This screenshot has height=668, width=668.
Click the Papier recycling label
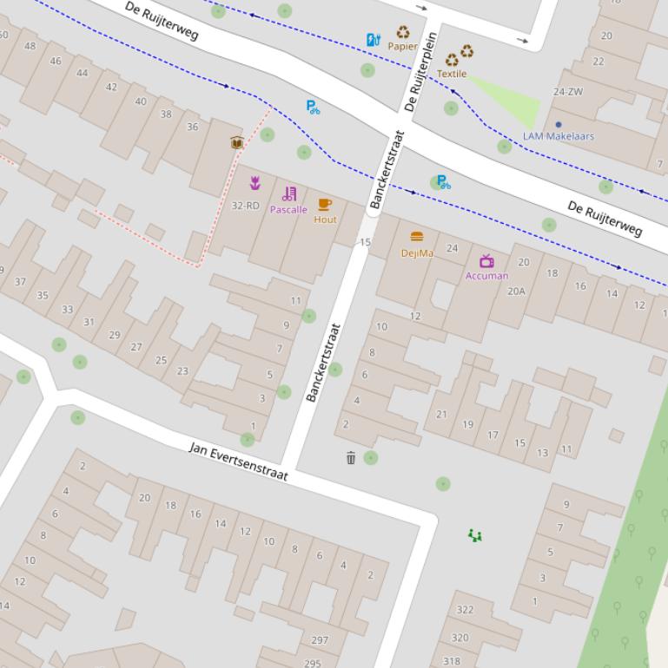(x=402, y=46)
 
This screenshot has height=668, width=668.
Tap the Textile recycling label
(x=451, y=74)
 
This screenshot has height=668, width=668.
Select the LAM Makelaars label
(x=559, y=136)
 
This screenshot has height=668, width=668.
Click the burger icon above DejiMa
(x=417, y=237)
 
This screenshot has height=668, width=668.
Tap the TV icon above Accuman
(x=486, y=261)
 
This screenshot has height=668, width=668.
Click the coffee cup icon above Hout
(x=325, y=205)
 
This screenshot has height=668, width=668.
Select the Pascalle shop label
(x=288, y=209)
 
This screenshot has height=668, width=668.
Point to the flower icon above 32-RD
(x=255, y=183)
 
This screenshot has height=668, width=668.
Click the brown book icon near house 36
(x=236, y=143)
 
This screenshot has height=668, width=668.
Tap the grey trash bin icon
(x=351, y=458)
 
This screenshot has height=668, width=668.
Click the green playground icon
(x=475, y=536)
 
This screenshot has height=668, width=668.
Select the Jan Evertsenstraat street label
(x=238, y=462)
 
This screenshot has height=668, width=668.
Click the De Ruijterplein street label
(x=420, y=72)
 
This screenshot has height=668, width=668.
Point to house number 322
(x=465, y=610)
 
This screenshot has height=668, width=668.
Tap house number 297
(x=320, y=640)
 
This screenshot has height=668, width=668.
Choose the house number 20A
(x=516, y=291)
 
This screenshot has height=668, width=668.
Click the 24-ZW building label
(x=568, y=91)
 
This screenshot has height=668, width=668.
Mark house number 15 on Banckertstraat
(x=366, y=242)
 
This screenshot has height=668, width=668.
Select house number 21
(x=441, y=414)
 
